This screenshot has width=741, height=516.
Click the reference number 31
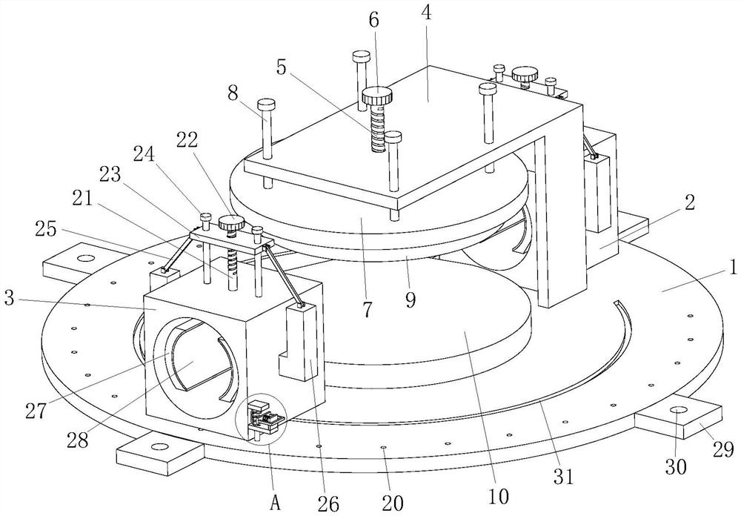(563, 476)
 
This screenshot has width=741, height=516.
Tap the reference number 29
(723, 449)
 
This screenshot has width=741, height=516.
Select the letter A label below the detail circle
(276, 503)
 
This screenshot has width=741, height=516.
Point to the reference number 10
(499, 496)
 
